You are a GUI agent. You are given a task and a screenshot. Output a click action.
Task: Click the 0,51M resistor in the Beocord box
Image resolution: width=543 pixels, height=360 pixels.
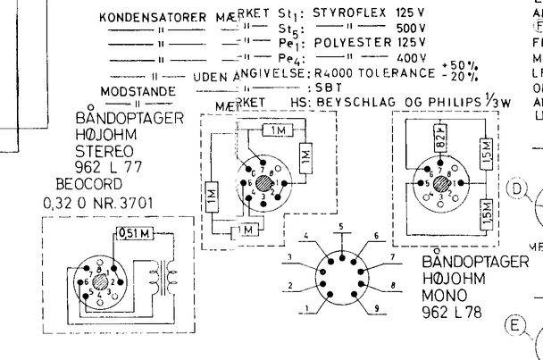point(134,235)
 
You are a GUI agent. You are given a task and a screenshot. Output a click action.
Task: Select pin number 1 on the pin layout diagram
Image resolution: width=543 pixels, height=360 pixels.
point(306,310)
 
